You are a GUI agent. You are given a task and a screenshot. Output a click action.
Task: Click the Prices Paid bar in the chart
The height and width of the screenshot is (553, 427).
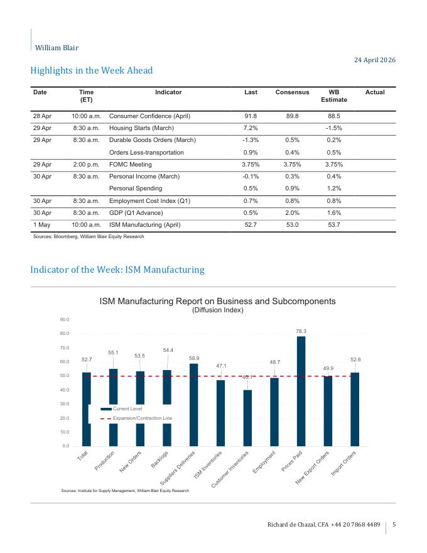click(301, 391)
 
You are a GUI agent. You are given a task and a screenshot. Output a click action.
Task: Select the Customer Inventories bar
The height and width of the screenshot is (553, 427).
click(247, 418)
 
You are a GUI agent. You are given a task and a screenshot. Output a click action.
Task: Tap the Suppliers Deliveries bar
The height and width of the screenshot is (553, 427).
click(194, 405)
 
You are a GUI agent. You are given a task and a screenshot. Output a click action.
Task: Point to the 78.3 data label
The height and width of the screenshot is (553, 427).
click(301, 331)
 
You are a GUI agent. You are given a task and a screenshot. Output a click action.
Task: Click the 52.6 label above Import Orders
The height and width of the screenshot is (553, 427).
click(355, 359)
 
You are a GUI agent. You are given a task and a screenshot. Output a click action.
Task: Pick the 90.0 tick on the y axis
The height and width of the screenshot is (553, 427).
click(65, 319)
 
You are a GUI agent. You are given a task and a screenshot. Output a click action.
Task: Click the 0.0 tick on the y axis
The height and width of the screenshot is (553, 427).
click(66, 446)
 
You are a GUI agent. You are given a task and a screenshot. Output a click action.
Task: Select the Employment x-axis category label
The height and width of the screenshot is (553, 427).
click(264, 462)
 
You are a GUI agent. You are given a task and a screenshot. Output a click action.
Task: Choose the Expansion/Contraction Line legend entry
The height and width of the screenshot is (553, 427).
click(136, 419)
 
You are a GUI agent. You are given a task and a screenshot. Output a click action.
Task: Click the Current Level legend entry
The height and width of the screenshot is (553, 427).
click(122, 408)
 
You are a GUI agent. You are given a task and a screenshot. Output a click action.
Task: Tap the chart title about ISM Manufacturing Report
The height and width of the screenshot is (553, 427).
click(217, 301)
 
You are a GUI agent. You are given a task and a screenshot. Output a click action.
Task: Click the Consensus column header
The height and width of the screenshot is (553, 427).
click(292, 92)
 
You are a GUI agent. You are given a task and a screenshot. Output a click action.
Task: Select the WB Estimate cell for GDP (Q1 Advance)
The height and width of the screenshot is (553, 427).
click(333, 212)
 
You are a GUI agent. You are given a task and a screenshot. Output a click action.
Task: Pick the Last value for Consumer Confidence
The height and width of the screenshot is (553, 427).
click(251, 116)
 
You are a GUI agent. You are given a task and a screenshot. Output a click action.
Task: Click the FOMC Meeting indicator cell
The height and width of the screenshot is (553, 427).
click(131, 165)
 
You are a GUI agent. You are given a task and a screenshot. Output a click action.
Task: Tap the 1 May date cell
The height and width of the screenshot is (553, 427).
click(42, 225)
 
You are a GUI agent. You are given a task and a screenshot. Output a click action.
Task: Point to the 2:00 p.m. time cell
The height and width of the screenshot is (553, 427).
click(86, 165)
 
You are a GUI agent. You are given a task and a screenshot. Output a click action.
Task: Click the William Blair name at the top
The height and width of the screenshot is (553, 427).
click(57, 48)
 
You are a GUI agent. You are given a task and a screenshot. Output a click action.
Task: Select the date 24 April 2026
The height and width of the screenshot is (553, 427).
click(375, 60)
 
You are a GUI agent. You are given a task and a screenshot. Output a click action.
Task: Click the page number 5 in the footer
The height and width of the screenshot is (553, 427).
click(394, 525)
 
